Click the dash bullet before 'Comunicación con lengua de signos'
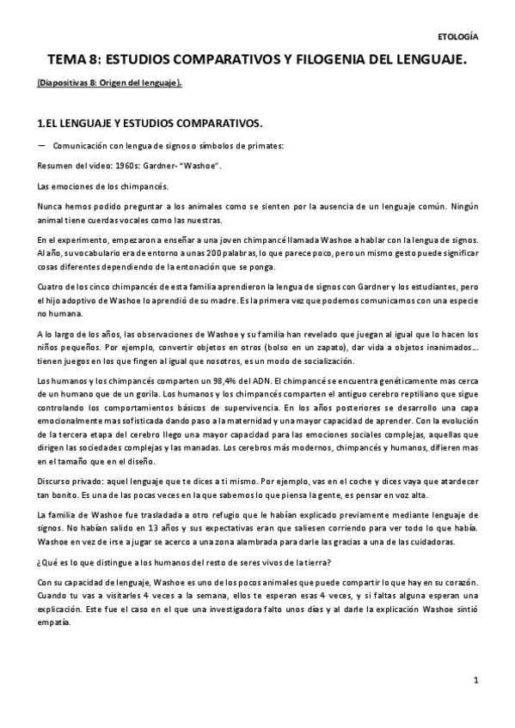point(41,144)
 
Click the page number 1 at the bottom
point(475,681)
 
